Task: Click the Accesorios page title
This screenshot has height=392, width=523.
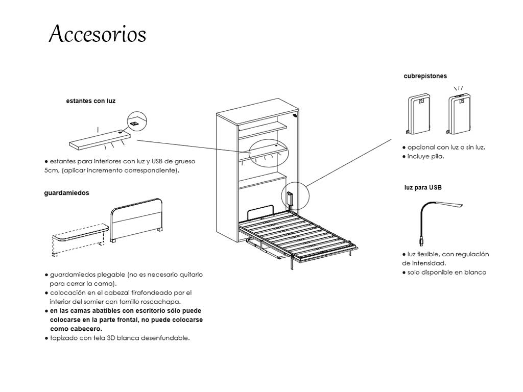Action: coord(97,34)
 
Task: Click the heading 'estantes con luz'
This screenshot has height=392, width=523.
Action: coord(91,101)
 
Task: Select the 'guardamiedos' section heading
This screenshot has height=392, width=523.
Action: coord(66,193)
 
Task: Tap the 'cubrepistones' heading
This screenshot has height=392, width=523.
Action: coord(425,76)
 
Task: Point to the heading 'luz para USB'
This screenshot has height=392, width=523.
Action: coord(423,187)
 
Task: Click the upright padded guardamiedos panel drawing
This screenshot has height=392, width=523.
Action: coord(137,220)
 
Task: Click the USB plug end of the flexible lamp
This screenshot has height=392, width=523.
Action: coord(420,239)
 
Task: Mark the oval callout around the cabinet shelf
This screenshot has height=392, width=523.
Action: coord(269,152)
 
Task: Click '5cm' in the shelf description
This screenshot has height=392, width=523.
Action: coord(52,170)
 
